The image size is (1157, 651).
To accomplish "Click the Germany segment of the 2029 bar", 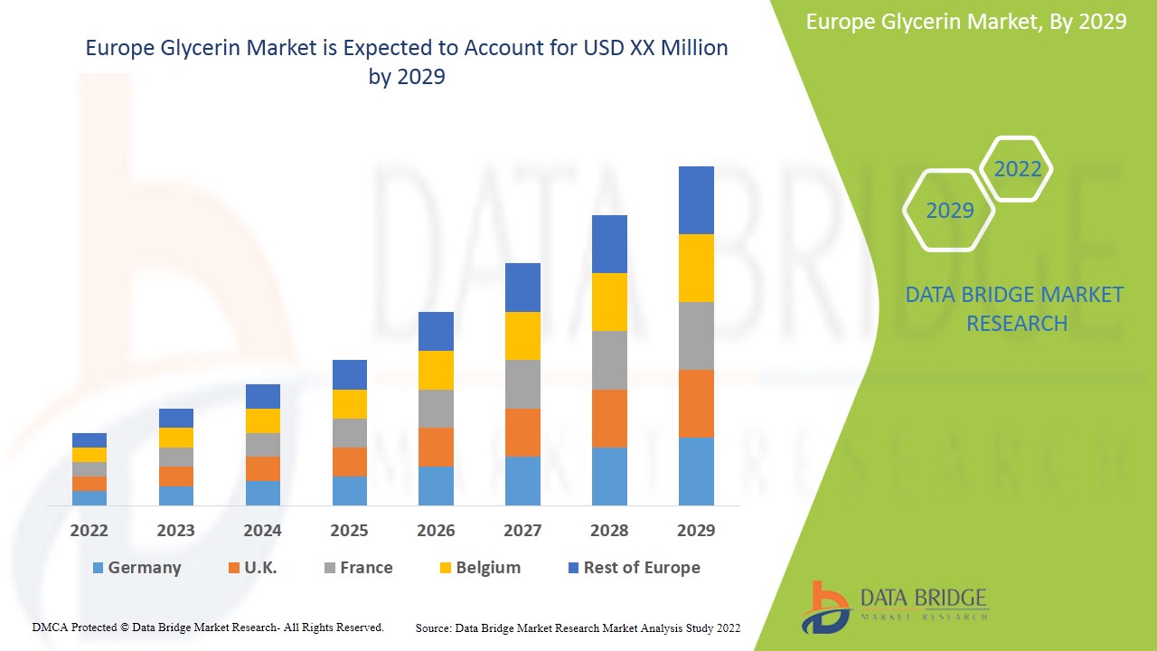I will (x=696, y=471).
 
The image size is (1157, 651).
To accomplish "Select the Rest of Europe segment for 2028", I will (x=609, y=244).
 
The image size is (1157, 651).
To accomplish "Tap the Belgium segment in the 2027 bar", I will (x=522, y=335).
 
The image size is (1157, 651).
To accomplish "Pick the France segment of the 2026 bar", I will (x=436, y=409).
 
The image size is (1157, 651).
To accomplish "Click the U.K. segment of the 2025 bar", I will (x=350, y=462).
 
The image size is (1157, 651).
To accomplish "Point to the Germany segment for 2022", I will (x=89, y=497).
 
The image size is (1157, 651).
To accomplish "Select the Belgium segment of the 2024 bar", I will (x=263, y=420).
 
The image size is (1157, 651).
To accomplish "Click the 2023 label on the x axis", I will (x=175, y=531).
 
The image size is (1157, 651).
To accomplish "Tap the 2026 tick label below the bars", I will (x=436, y=531).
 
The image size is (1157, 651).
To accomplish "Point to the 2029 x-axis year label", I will (x=696, y=531).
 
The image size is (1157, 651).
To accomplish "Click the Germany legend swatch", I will (x=98, y=568).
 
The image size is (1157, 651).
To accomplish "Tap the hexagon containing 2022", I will (x=1017, y=169).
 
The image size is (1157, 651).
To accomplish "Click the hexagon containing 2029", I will (x=949, y=211).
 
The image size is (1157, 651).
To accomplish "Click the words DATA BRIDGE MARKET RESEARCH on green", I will (x=1016, y=308).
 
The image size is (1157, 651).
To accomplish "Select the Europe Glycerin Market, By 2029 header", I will (x=966, y=22).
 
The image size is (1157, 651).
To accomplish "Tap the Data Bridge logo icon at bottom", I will (x=825, y=607).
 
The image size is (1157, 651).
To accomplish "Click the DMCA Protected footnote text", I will (x=208, y=627).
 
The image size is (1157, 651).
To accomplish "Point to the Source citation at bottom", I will (x=578, y=627).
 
